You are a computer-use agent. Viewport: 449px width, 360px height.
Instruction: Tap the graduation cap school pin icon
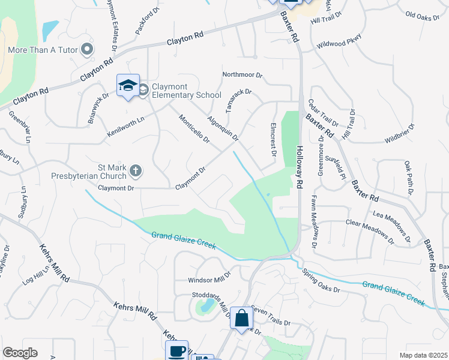tap(128, 86)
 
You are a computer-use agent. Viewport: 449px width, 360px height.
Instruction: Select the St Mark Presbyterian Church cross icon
tap(136, 172)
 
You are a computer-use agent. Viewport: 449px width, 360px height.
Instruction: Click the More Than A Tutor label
tap(43, 49)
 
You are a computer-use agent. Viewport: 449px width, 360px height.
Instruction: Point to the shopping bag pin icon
tap(241, 318)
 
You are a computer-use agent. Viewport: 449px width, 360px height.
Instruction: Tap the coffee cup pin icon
tap(177, 351)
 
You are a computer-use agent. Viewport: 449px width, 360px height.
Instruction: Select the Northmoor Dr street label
tap(243, 75)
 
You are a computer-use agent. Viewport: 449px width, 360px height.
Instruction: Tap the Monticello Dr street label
tap(194, 130)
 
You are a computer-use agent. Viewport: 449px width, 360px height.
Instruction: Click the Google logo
tap(20, 353)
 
